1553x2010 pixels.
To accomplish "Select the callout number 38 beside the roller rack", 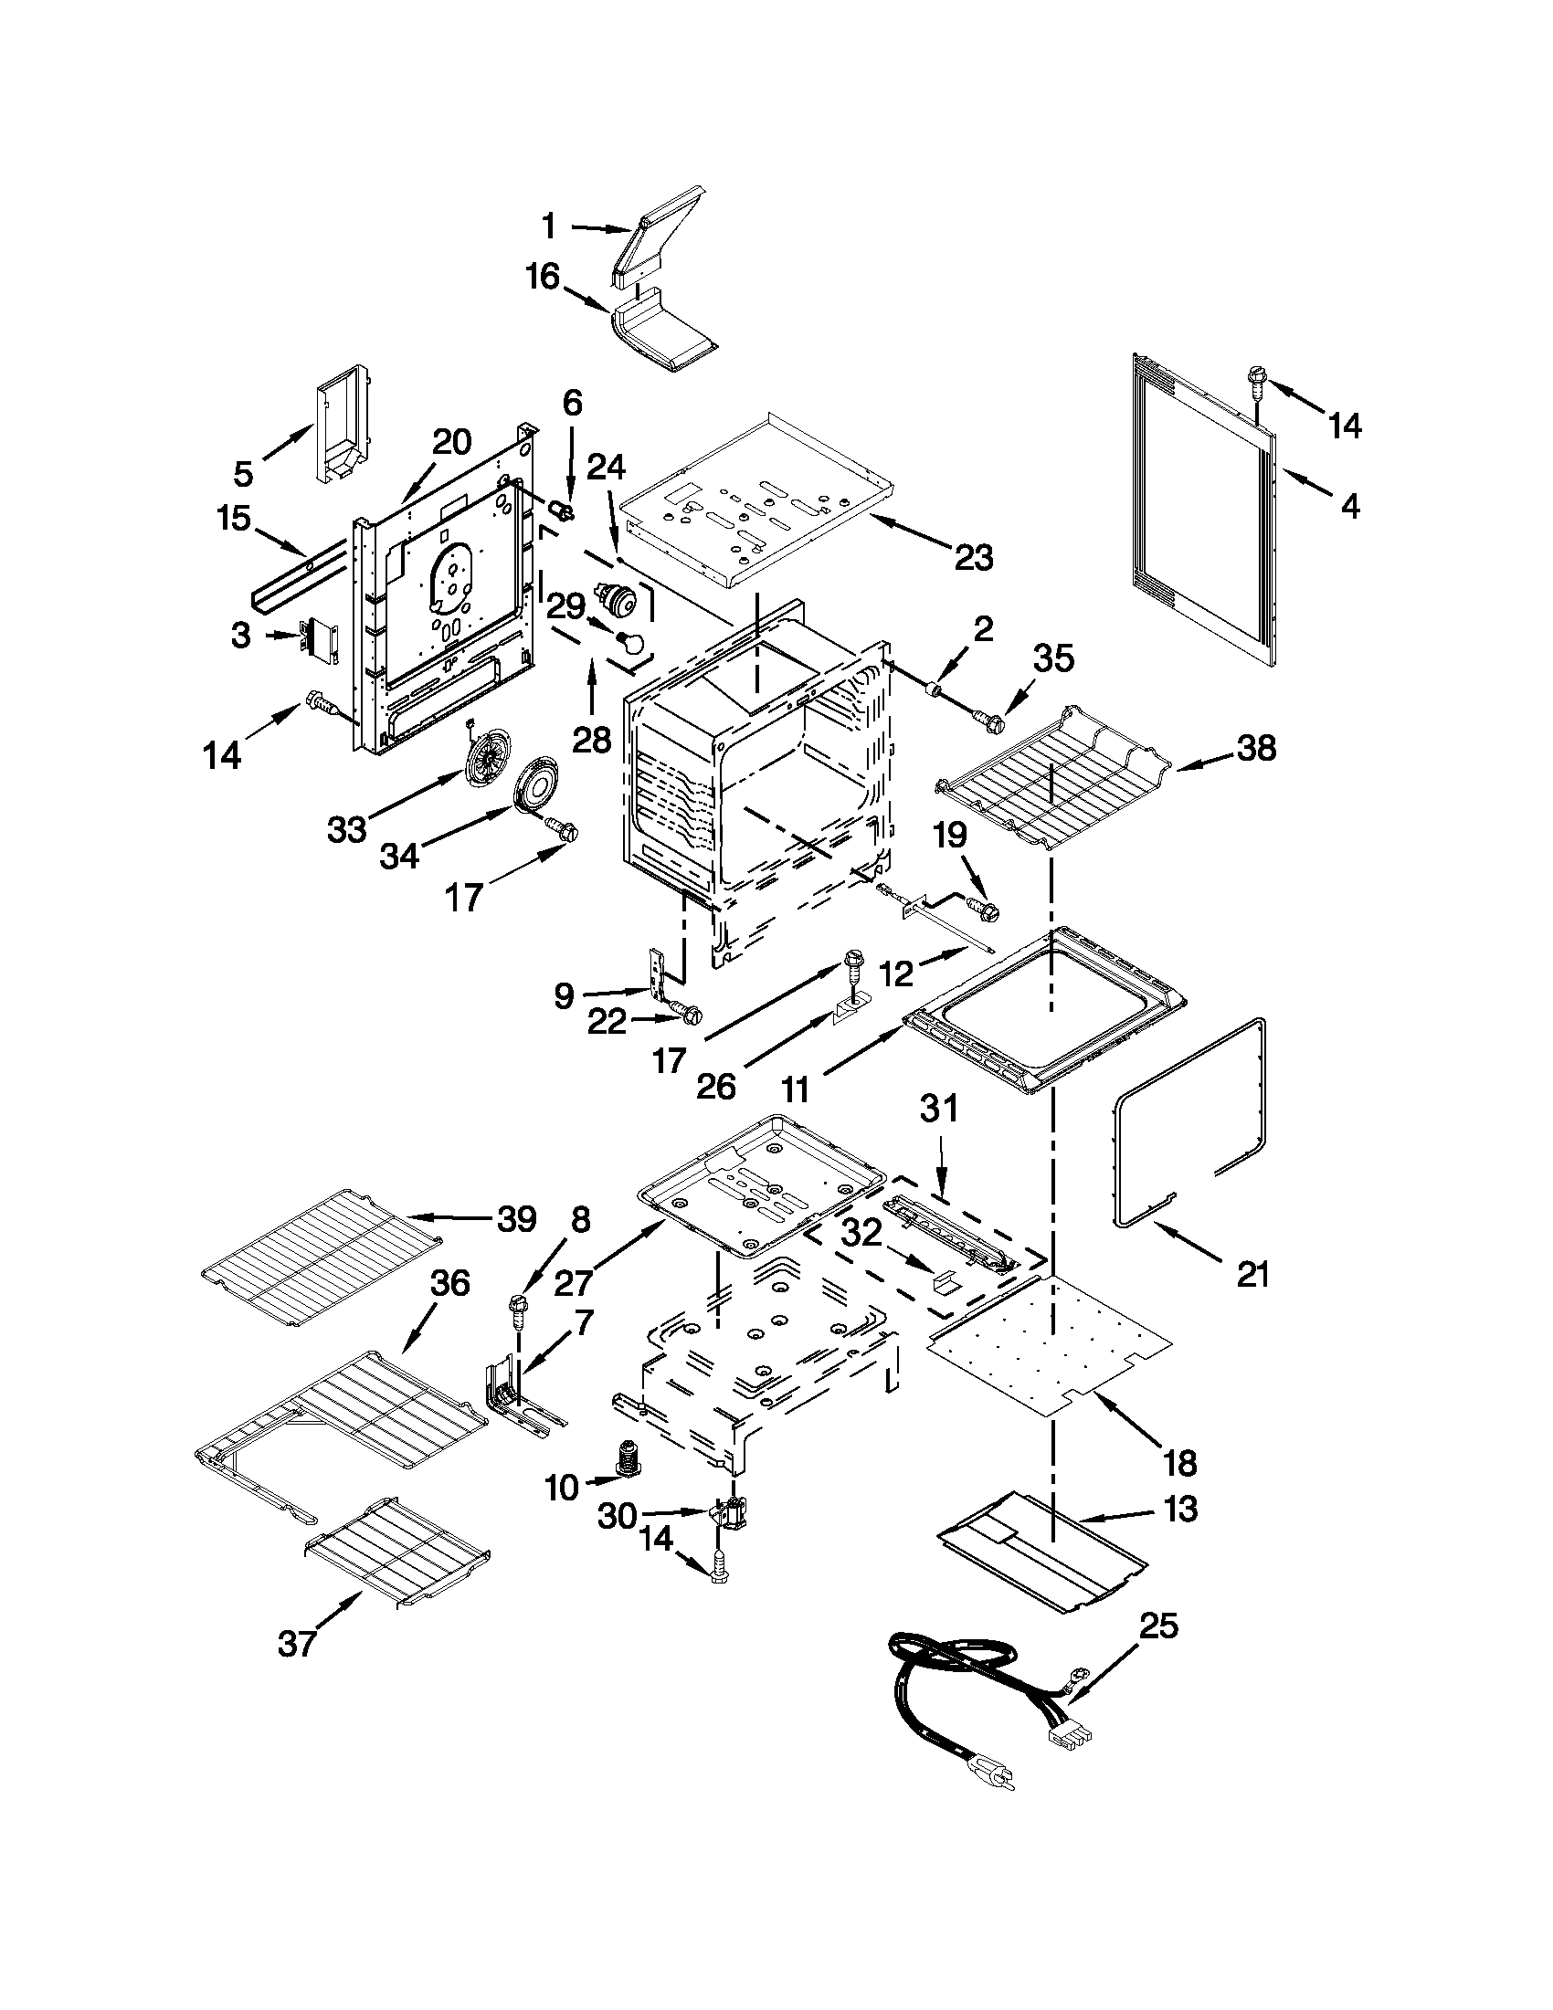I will pyautogui.click(x=1256, y=749).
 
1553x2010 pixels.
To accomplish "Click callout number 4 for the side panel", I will pyautogui.click(x=1349, y=505).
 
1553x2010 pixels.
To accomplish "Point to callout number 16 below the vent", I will pyautogui.click(x=544, y=275).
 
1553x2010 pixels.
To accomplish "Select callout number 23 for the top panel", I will pyautogui.click(x=974, y=557).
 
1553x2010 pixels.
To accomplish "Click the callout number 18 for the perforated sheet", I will pyautogui.click(x=1180, y=1461).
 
